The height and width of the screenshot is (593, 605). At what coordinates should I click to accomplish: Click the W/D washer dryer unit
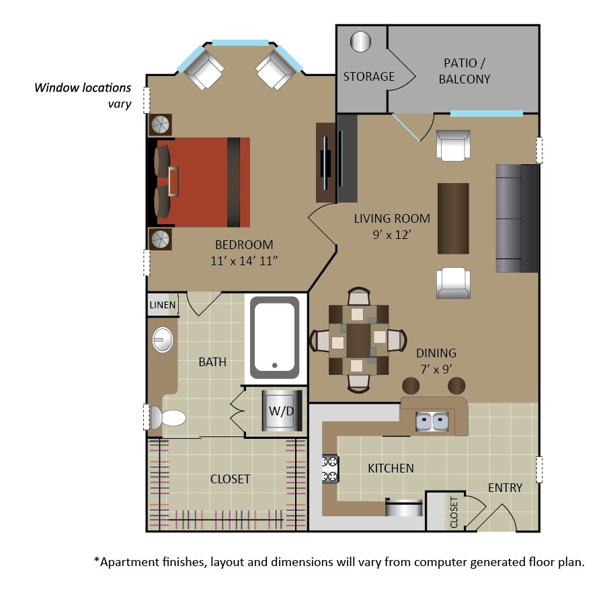(x=277, y=410)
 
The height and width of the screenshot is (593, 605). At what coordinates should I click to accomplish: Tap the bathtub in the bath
(x=274, y=337)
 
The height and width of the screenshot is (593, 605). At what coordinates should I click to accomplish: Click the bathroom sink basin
(x=162, y=339)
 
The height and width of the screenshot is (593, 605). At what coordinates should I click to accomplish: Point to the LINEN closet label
(x=162, y=305)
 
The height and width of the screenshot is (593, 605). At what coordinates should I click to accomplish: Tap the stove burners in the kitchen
(x=331, y=469)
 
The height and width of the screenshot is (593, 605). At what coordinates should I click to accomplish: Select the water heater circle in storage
(x=361, y=42)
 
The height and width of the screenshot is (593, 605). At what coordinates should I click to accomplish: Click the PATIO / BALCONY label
(x=464, y=71)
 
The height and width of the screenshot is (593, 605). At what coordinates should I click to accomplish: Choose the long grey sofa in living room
(x=516, y=217)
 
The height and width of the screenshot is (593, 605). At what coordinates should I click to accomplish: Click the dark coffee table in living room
(x=453, y=217)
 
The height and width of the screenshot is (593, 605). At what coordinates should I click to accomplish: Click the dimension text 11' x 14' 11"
(x=244, y=260)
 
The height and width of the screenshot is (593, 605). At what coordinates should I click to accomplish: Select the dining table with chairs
(x=358, y=339)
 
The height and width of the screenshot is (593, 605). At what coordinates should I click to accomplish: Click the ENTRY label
(x=505, y=487)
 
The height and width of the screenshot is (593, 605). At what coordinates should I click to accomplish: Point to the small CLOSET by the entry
(x=454, y=512)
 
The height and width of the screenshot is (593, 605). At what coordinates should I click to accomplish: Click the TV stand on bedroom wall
(x=325, y=162)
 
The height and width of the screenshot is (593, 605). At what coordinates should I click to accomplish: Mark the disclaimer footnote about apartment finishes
(x=339, y=561)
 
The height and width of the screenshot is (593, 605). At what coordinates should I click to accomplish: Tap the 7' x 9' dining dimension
(x=436, y=368)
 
